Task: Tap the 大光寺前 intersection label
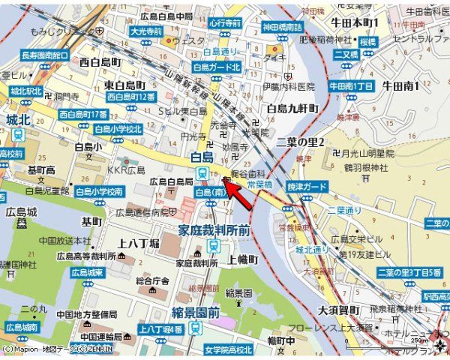click(145, 32)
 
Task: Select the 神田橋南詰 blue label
click(283, 27)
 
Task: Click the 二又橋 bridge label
click(346, 54)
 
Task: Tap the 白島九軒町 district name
click(293, 109)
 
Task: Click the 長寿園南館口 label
click(45, 55)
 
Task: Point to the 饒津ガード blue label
click(306, 185)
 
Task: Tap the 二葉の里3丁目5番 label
click(408, 272)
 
